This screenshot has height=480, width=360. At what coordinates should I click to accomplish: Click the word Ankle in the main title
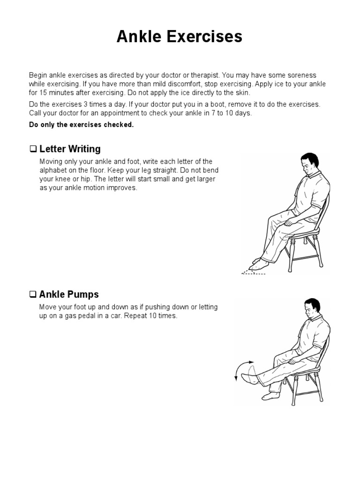139,36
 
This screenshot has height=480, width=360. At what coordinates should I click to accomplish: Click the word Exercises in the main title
204,36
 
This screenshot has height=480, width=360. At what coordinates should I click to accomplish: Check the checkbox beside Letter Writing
33,149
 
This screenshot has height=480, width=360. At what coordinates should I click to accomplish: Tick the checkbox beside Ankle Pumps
33,294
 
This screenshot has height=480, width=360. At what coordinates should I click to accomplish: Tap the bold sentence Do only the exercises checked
82,125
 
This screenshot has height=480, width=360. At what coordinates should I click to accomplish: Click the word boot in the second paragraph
217,105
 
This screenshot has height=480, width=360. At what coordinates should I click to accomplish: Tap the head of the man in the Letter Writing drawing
309,164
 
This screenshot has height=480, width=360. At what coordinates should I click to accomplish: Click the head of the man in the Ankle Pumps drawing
312,308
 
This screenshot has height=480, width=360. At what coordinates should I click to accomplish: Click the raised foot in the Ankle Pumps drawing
249,378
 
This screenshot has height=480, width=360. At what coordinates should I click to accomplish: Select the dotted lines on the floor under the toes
253,272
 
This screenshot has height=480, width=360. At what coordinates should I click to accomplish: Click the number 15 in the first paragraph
43,93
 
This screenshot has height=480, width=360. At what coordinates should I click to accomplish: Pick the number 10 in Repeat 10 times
153,316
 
